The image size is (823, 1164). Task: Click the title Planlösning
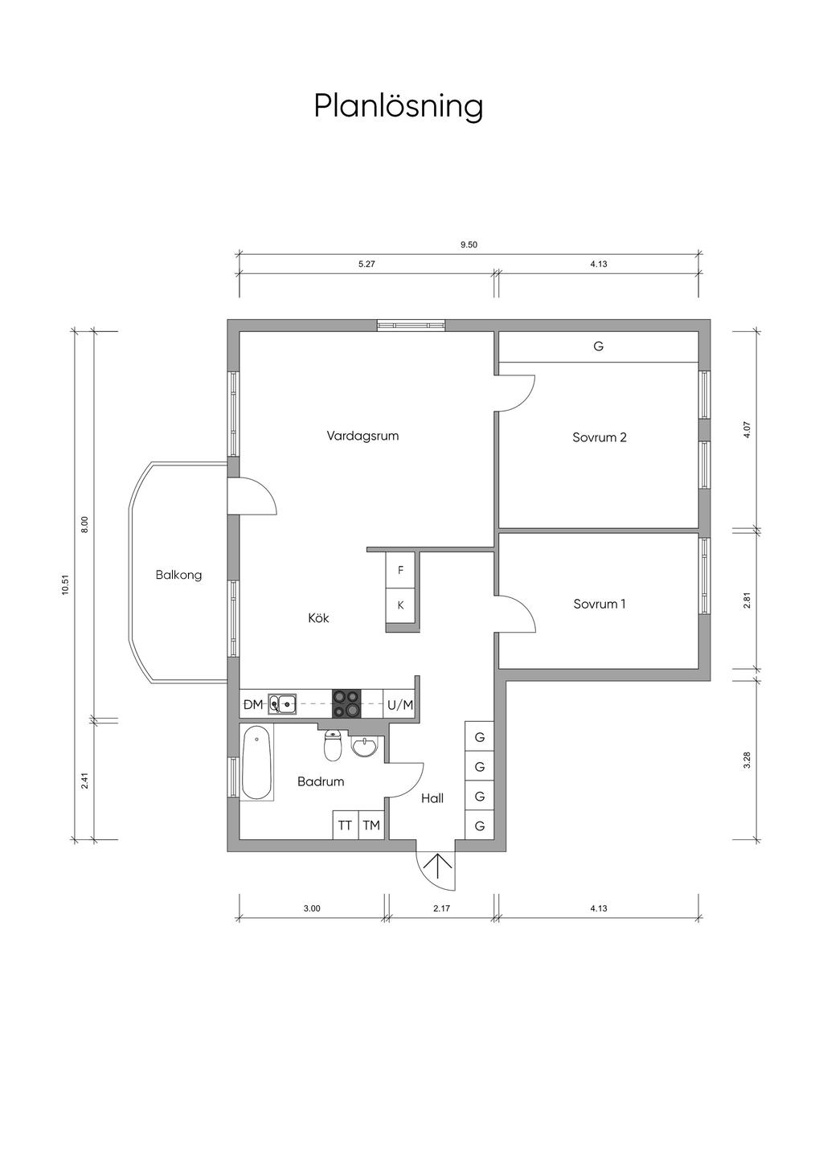pyautogui.click(x=399, y=108)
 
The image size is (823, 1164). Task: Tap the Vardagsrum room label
pyautogui.click(x=362, y=436)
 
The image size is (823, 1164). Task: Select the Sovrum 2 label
pyautogui.click(x=600, y=437)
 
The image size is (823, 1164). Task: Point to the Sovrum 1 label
pyautogui.click(x=600, y=604)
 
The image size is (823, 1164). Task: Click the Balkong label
pyautogui.click(x=178, y=576)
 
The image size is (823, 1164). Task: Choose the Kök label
pyautogui.click(x=318, y=618)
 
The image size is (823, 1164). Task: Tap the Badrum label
pyautogui.click(x=321, y=781)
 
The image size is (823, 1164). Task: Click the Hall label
pyautogui.click(x=432, y=798)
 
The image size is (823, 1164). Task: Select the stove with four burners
pyautogui.click(x=346, y=704)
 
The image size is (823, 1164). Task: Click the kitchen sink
pyautogui.click(x=282, y=704)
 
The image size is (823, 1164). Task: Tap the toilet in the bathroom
pyautogui.click(x=332, y=744)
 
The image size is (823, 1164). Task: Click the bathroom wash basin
pyautogui.click(x=366, y=748)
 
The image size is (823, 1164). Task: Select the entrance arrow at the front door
pyautogui.click(x=437, y=869)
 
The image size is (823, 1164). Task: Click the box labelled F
pyautogui.click(x=400, y=570)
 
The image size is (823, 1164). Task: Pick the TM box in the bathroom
pyautogui.click(x=371, y=826)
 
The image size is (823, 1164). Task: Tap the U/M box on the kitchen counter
pyautogui.click(x=400, y=705)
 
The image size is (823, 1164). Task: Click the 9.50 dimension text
pyautogui.click(x=469, y=245)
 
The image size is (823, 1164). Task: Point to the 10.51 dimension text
pyautogui.click(x=65, y=585)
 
